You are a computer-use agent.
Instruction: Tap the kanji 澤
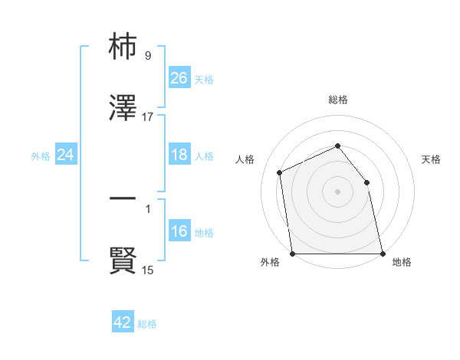tap(123, 109)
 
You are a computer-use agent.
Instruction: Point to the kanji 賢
tap(123, 260)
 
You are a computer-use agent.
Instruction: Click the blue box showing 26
tap(179, 78)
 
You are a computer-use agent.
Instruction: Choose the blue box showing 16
tap(179, 232)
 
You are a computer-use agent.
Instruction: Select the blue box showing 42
tap(123, 322)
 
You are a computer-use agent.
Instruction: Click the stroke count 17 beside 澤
tap(148, 117)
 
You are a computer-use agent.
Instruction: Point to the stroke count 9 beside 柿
tap(147, 56)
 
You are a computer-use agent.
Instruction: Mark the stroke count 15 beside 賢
tap(148, 270)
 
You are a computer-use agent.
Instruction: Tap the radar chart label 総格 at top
tap(338, 100)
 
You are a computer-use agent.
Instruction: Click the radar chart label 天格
tap(432, 159)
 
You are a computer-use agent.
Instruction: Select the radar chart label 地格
tap(402, 263)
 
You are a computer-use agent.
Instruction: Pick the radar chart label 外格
tap(270, 263)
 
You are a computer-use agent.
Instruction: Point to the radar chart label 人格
tap(245, 159)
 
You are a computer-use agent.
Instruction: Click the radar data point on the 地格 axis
tap(382, 254)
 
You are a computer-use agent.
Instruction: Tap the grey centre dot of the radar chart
tap(338, 191)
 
